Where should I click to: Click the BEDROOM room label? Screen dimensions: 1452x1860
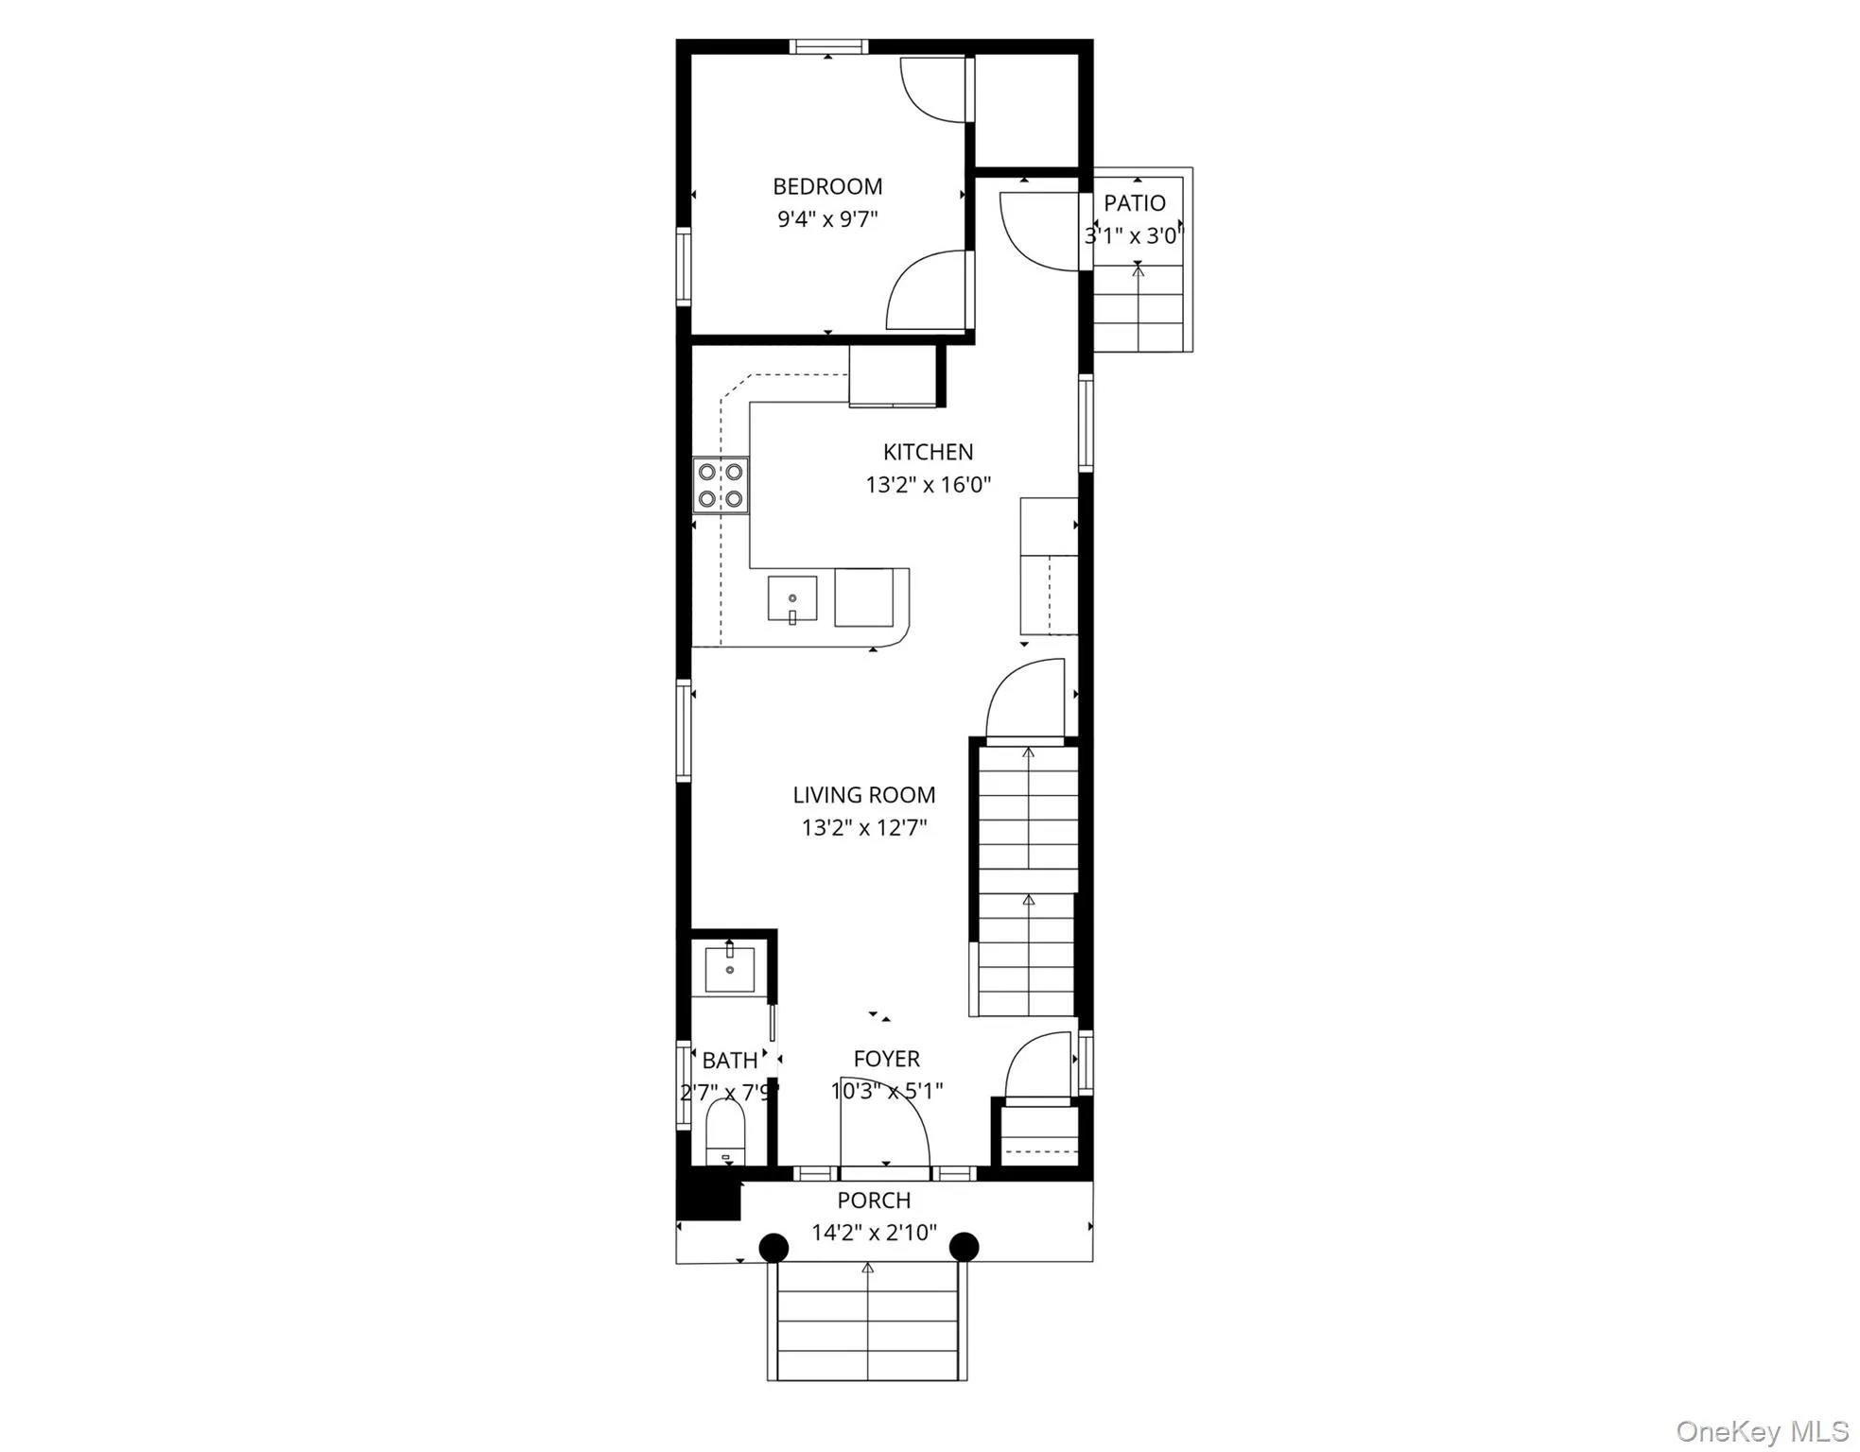coord(827,186)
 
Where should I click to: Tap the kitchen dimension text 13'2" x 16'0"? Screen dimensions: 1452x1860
coord(928,485)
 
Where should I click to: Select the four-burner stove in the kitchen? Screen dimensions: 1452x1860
coord(721,485)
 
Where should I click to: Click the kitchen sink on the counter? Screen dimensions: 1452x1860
coord(791,598)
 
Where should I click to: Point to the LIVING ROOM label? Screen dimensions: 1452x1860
coord(863,795)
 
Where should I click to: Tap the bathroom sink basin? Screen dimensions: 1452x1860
coord(729,969)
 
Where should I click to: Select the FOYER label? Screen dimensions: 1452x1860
coord(886,1059)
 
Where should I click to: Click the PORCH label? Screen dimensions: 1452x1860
coord(874,1201)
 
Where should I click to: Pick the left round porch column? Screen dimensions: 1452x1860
coord(774,1247)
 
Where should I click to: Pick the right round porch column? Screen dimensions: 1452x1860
coord(964,1247)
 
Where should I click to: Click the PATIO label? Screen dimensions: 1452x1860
coord(1135,203)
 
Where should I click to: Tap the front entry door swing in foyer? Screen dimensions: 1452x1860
coord(884,1134)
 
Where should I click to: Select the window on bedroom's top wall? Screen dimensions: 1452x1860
coord(828,46)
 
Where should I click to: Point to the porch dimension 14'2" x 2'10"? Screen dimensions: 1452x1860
coord(874,1233)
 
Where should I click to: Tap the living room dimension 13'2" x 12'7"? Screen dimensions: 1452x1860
coord(863,828)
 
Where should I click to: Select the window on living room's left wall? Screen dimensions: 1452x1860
coord(683,730)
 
